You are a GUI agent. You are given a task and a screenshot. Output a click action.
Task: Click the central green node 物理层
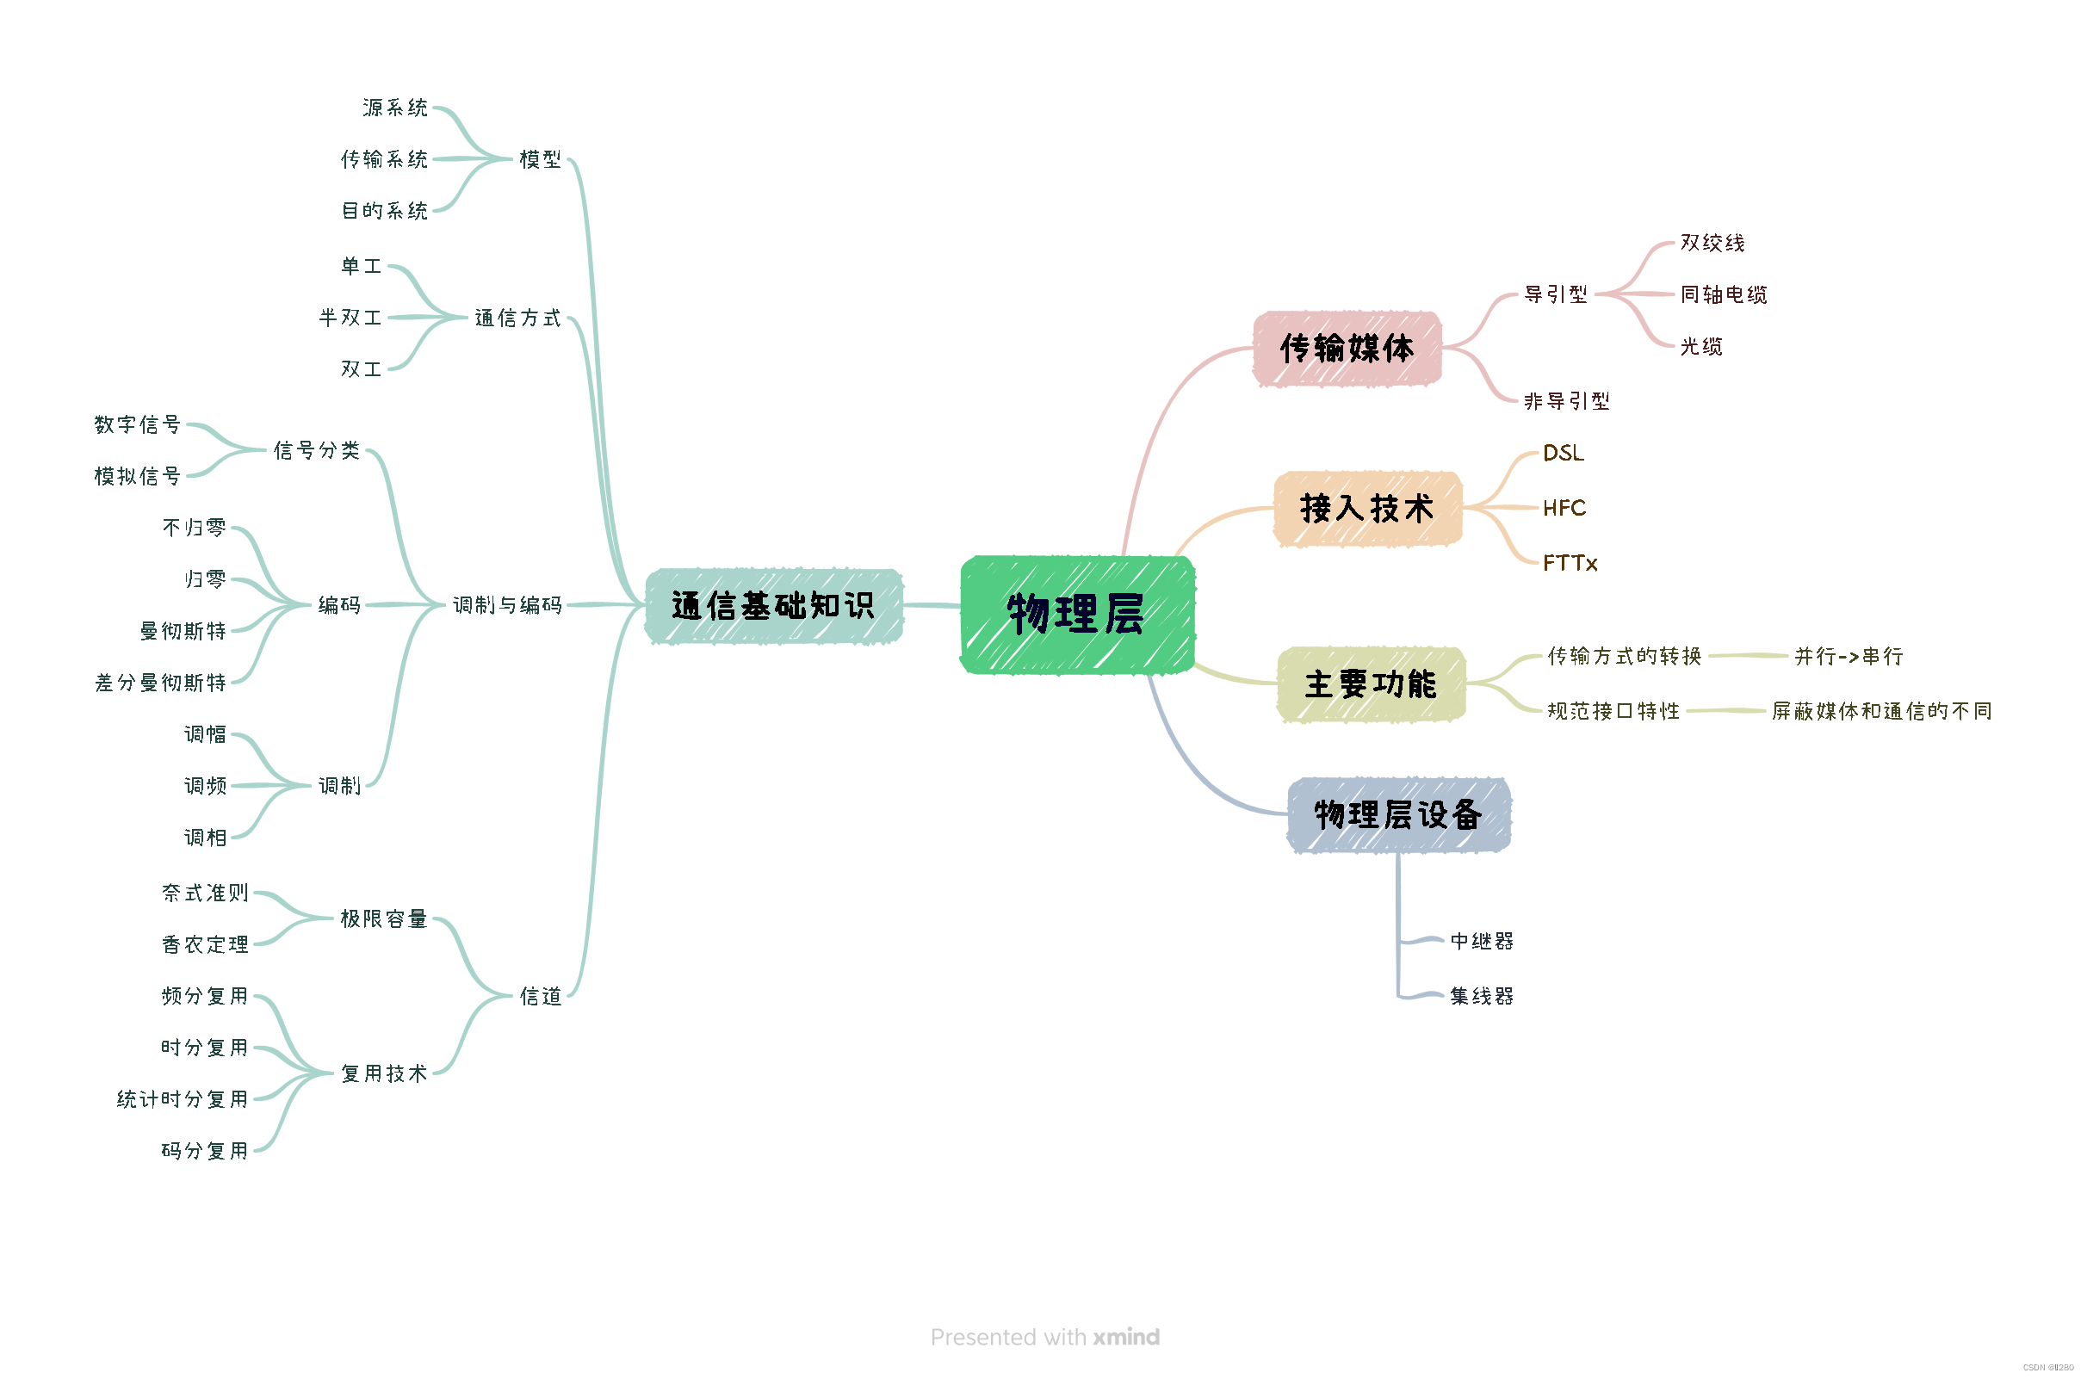pyautogui.click(x=1075, y=614)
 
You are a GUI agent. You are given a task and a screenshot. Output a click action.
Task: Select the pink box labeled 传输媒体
pyautogui.click(x=1346, y=349)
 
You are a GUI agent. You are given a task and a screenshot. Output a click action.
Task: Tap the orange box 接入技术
pyautogui.click(x=1366, y=509)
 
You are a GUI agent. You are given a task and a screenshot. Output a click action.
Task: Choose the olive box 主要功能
pyautogui.click(x=1370, y=684)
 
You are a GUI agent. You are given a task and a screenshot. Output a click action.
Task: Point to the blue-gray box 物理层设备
pyautogui.click(x=1397, y=814)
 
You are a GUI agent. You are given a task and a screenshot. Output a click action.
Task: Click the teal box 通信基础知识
pyautogui.click(x=772, y=606)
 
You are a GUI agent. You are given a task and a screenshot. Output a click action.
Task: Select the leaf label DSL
pyautogui.click(x=1563, y=453)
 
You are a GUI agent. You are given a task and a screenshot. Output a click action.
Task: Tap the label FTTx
pyautogui.click(x=1570, y=563)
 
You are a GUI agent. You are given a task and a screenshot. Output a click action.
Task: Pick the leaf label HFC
pyautogui.click(x=1564, y=508)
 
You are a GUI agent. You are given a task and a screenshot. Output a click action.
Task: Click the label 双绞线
pyautogui.click(x=1712, y=243)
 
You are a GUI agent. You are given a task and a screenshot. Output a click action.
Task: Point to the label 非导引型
pyautogui.click(x=1566, y=401)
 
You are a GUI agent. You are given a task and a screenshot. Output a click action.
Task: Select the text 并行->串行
pyautogui.click(x=1849, y=656)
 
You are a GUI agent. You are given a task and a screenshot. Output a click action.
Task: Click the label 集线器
pyautogui.click(x=1481, y=997)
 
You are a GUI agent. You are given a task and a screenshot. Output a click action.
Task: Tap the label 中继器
pyautogui.click(x=1481, y=941)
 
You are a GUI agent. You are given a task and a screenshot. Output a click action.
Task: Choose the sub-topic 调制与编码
pyautogui.click(x=507, y=605)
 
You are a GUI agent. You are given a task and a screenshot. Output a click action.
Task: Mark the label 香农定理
pyautogui.click(x=205, y=944)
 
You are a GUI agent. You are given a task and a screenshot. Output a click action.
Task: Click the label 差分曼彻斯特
pyautogui.click(x=161, y=683)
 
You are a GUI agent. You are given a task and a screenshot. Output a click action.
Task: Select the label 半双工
pyautogui.click(x=350, y=318)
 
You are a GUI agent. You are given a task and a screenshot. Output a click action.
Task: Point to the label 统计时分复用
pyautogui.click(x=183, y=1099)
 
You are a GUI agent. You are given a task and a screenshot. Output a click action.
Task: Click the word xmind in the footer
pyautogui.click(x=1126, y=1337)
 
